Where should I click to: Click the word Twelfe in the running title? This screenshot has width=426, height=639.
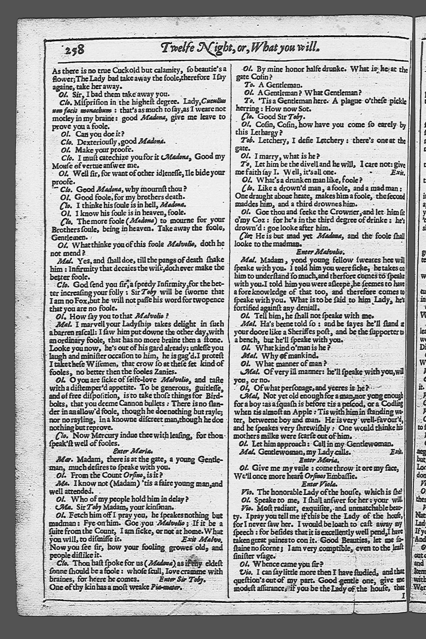click(179, 48)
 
